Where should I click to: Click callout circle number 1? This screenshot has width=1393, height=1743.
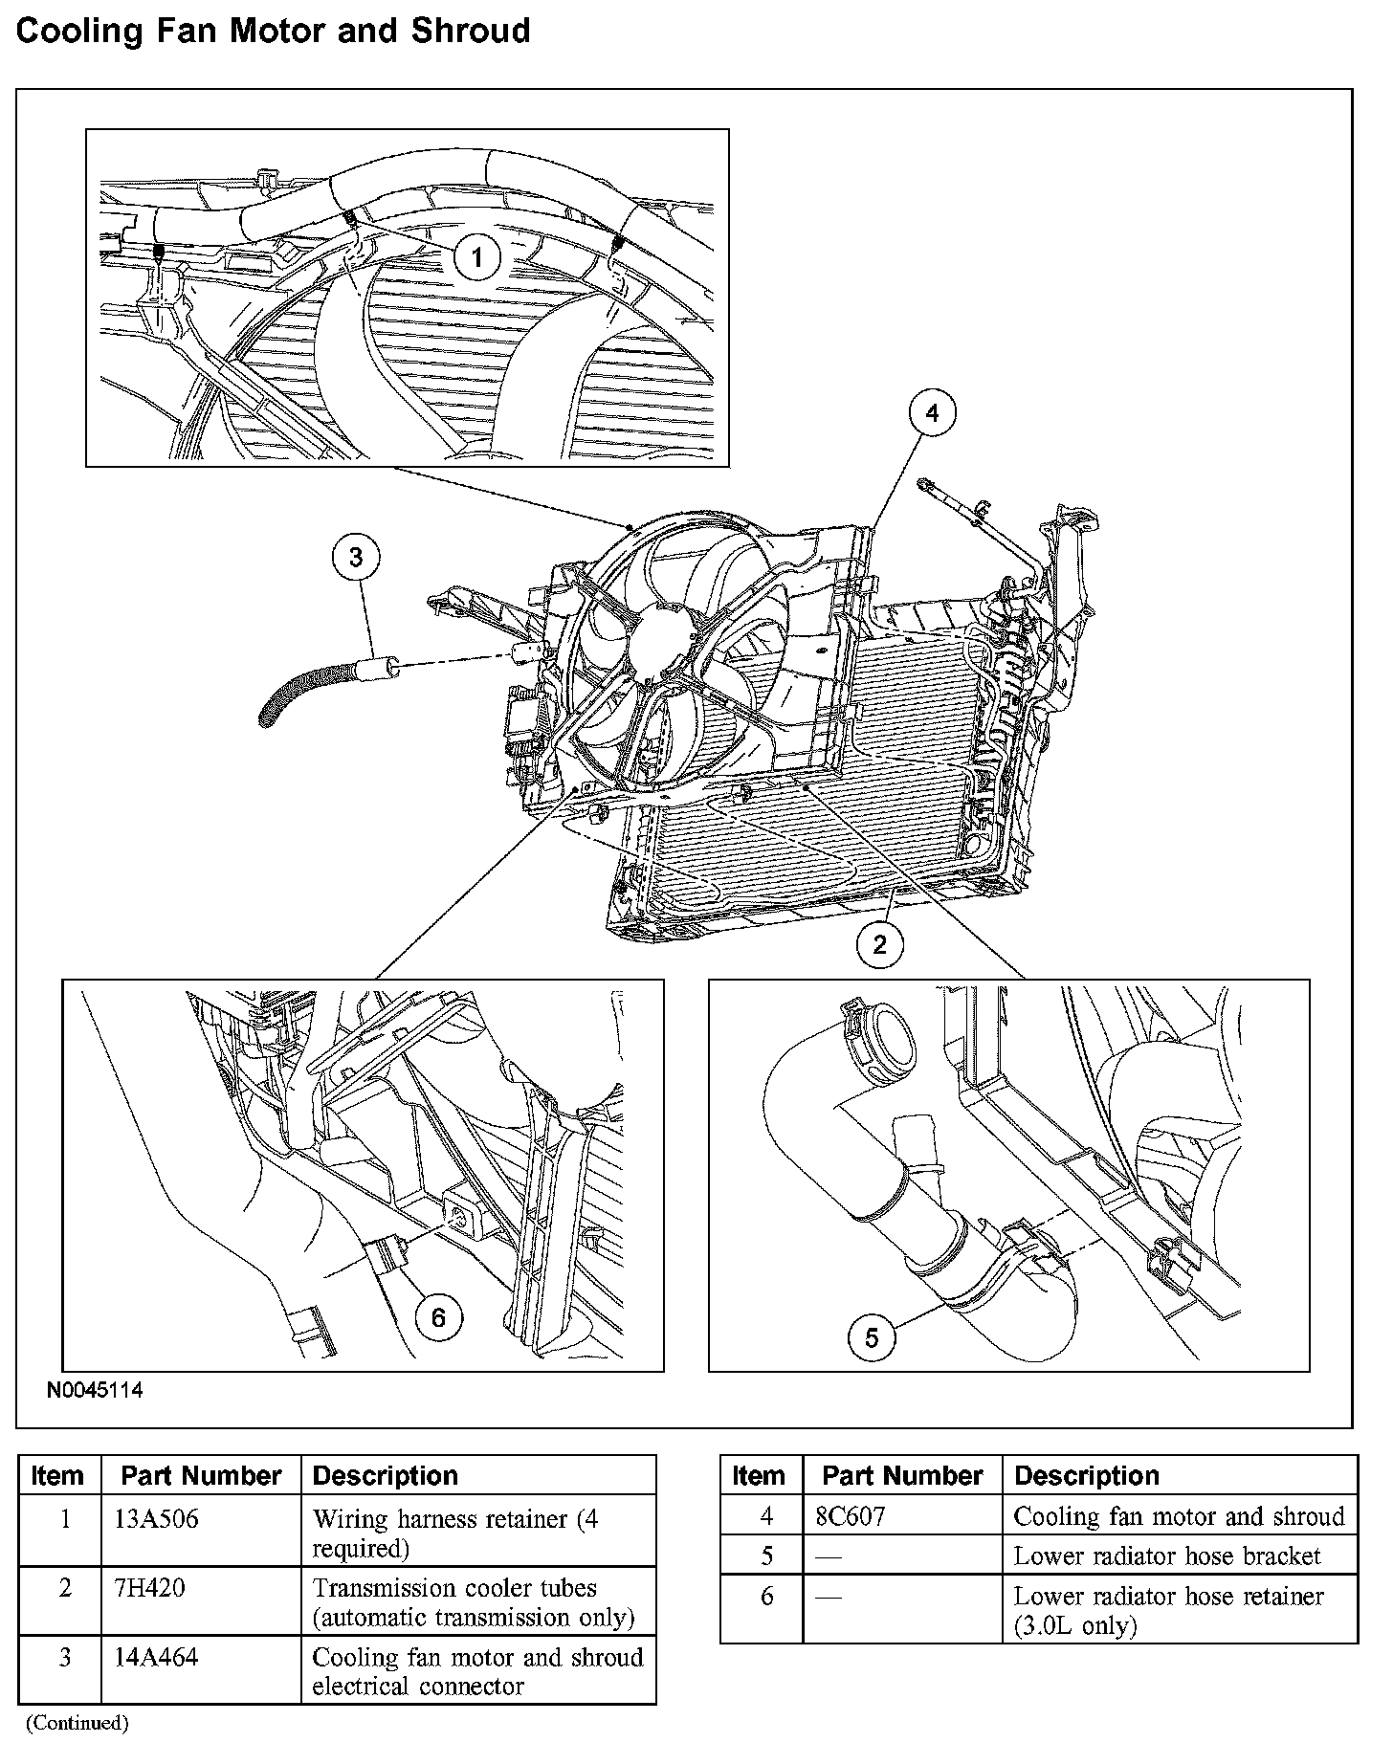point(476,256)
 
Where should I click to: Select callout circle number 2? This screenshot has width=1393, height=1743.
point(879,944)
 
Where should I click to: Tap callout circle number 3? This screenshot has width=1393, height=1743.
point(356,558)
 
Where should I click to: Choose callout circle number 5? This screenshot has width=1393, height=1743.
point(872,1336)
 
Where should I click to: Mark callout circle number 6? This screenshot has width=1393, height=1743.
point(438,1318)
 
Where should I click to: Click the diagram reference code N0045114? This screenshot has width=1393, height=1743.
point(95,1390)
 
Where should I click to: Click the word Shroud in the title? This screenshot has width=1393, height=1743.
point(470,31)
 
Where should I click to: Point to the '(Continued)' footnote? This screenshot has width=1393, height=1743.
point(77,1722)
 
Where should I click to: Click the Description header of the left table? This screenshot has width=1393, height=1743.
point(386,1475)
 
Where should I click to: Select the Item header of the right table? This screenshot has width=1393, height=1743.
point(759,1475)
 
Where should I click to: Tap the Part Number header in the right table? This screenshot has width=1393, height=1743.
point(902,1475)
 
